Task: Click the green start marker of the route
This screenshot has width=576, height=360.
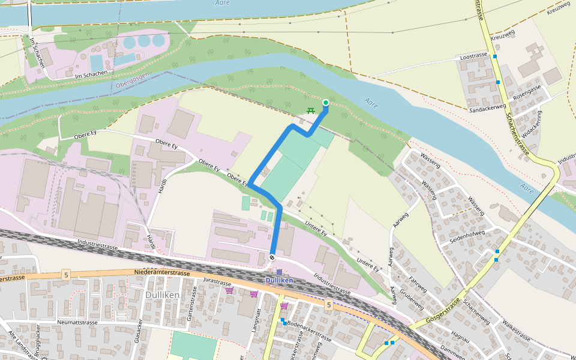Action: [x=326, y=103]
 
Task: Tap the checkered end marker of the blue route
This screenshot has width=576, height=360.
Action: [x=272, y=257]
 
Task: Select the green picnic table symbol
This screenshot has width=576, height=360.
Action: [x=311, y=110]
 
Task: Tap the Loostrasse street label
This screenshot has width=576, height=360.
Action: [x=473, y=56]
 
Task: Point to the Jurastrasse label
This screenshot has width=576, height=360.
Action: [x=217, y=281]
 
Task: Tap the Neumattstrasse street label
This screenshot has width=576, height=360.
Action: [x=77, y=322]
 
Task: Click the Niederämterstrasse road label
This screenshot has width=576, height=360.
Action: [x=162, y=273]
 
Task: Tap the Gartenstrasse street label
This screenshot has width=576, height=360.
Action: [x=192, y=308]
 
